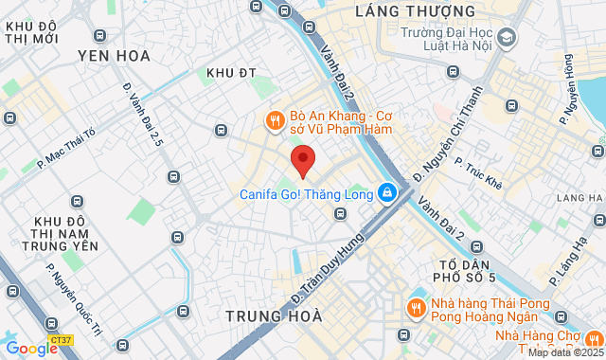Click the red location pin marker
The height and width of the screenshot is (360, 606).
302,160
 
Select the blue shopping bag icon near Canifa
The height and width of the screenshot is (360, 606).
386,192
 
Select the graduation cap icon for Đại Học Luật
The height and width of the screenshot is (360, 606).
508,38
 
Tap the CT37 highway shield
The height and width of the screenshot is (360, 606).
61,338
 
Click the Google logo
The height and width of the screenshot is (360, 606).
30,348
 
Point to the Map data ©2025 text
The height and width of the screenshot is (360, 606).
565,352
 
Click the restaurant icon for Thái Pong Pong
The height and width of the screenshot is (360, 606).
414,308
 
